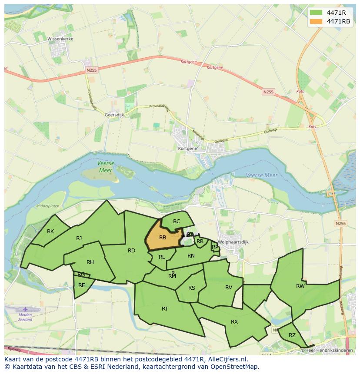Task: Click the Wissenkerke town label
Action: (60, 39)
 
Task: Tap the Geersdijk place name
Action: (115, 115)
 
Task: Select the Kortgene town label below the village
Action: (187, 148)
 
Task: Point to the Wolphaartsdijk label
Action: (233, 242)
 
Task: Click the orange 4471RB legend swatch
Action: (317, 21)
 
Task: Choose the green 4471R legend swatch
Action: (317, 12)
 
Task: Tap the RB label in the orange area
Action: (163, 238)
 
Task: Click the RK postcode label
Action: (50, 232)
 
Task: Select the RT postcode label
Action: (165, 309)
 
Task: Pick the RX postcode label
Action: (234, 322)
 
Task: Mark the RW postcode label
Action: (300, 286)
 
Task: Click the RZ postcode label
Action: (292, 335)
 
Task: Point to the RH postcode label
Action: (90, 262)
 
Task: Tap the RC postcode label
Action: (177, 222)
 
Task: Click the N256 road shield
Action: (340, 223)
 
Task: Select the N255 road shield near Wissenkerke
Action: (91, 70)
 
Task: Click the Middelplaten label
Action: (48, 206)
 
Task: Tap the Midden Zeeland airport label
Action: (25, 317)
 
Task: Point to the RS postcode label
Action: (192, 288)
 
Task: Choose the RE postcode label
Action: (82, 285)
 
